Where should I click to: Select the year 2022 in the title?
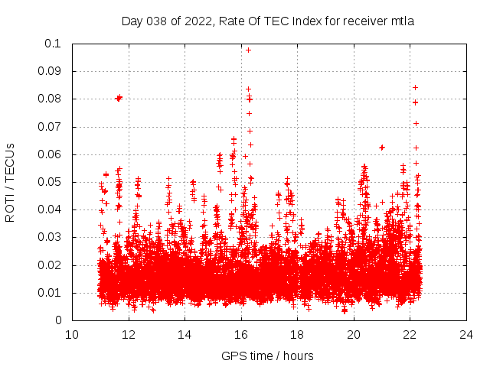click(197, 21)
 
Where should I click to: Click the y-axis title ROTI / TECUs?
click(10, 182)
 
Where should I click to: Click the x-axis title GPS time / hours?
click(267, 356)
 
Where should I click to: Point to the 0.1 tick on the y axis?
click(54, 44)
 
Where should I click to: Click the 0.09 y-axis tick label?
click(51, 71)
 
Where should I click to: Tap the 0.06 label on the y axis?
click(51, 154)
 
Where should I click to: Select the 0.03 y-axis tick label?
click(51, 238)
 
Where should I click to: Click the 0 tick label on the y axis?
click(59, 320)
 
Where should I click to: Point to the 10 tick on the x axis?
click(72, 334)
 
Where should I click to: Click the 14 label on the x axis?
click(185, 334)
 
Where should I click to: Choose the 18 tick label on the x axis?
click(297, 334)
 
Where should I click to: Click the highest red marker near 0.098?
click(248, 50)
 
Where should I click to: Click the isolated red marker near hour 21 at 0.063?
click(382, 147)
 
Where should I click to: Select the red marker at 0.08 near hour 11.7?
click(119, 98)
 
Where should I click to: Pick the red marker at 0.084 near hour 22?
click(415, 87)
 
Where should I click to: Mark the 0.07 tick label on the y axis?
click(51, 127)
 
